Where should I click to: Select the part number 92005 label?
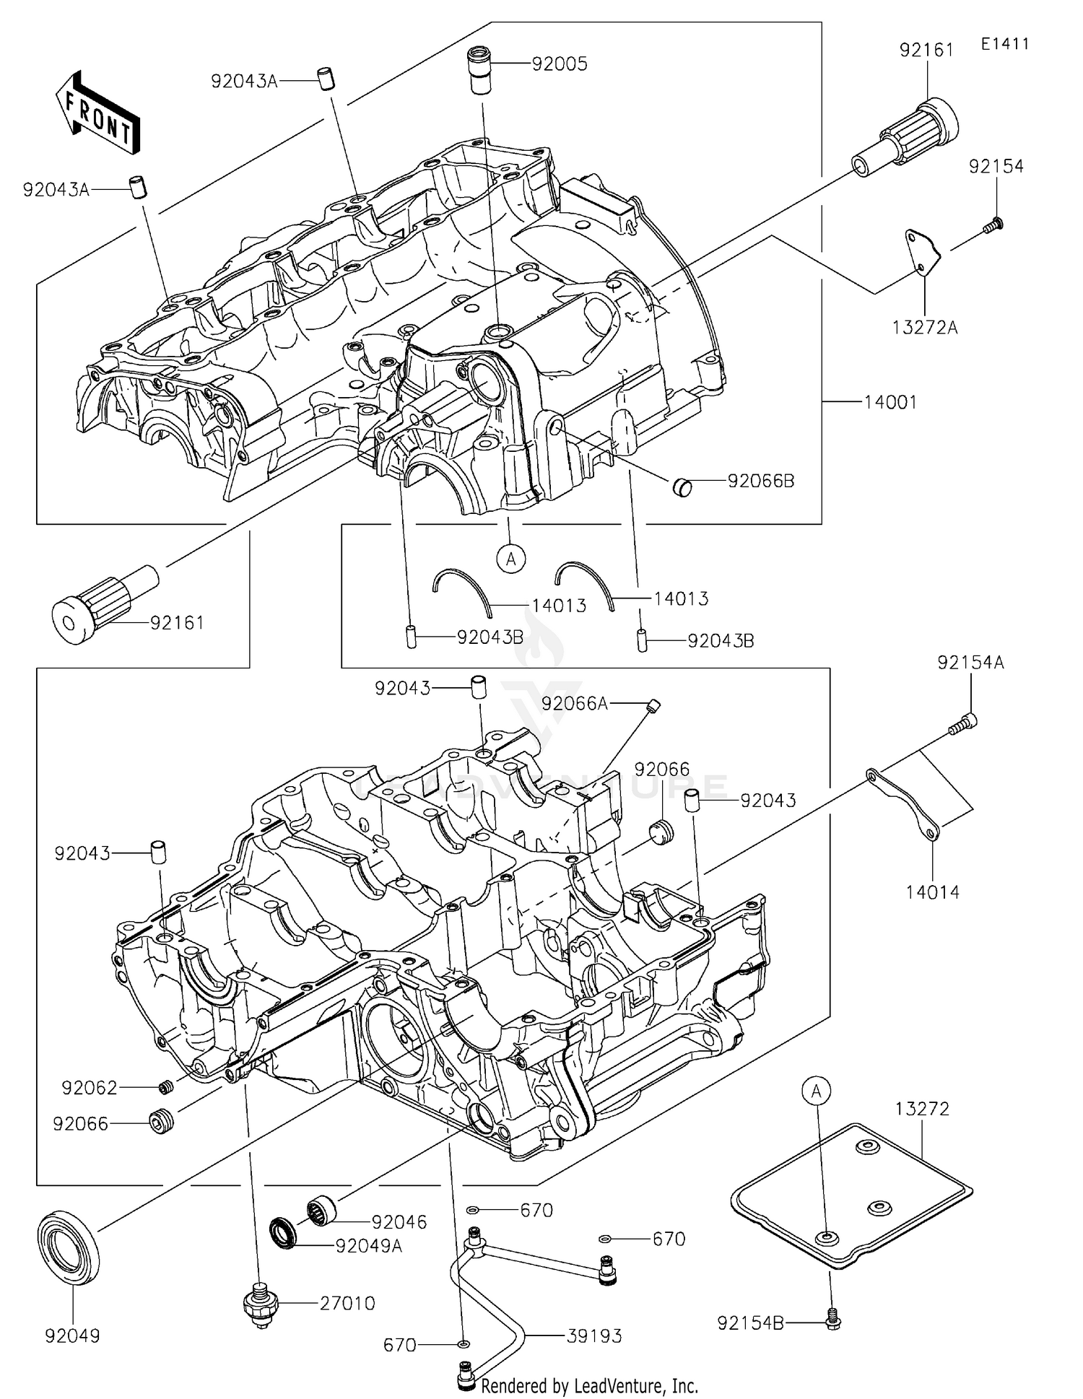pos(560,64)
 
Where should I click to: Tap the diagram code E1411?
pos(1004,44)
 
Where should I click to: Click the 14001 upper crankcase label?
pos(891,402)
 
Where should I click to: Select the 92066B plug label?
pos(761,481)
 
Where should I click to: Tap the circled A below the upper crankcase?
pos(511,558)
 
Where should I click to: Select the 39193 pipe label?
pos(594,1336)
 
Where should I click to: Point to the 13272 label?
pos(923,1108)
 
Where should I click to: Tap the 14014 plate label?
pos(933,892)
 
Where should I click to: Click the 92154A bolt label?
pos(970,662)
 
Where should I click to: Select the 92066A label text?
pos(575,703)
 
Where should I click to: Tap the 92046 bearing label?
pos(399,1222)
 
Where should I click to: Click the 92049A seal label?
pos(368,1247)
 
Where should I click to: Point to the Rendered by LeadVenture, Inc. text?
pos(589,1386)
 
